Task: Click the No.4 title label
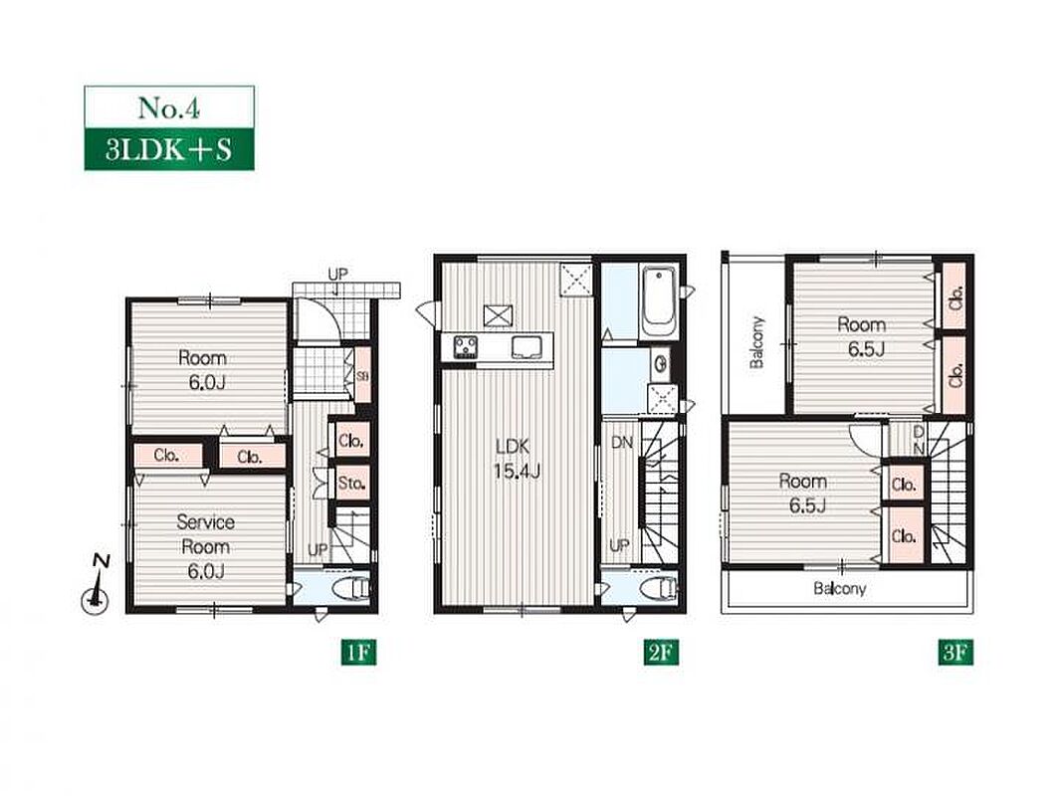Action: pyautogui.click(x=169, y=107)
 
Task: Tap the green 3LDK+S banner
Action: pyautogui.click(x=169, y=149)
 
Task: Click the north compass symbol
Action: pyautogui.click(x=97, y=586)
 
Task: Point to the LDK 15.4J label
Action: pyautogui.click(x=518, y=459)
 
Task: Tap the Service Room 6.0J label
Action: pyautogui.click(x=206, y=546)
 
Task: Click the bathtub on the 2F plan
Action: pyautogui.click(x=658, y=301)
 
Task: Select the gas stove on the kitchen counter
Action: pyautogui.click(x=466, y=347)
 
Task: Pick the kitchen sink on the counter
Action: pyautogui.click(x=526, y=347)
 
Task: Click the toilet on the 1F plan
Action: pyautogui.click(x=352, y=588)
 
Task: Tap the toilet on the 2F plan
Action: pyautogui.click(x=658, y=588)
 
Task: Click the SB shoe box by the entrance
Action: pyautogui.click(x=362, y=375)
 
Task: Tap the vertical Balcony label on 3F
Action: pyautogui.click(x=756, y=342)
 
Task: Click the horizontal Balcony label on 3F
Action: pyautogui.click(x=840, y=588)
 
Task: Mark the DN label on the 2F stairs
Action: pyautogui.click(x=622, y=443)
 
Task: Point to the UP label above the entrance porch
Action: pyautogui.click(x=337, y=274)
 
